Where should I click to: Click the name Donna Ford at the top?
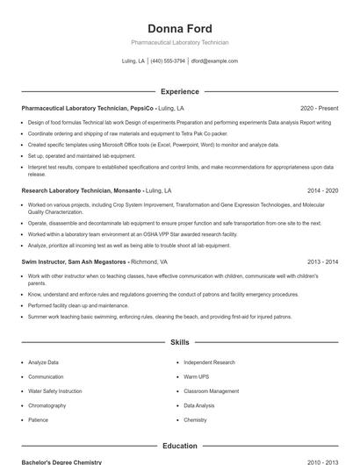179,29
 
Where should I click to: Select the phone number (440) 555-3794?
168,61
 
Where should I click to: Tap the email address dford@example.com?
214,61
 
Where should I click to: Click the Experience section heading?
179,91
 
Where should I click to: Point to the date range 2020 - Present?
319,108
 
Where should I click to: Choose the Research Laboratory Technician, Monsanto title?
81,190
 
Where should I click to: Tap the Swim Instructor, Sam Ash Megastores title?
75,261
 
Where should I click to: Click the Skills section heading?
179,342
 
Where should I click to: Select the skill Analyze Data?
44,362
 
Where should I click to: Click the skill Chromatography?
47,405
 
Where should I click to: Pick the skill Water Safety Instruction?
55,391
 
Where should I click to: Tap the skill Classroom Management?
211,391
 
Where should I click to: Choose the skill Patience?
39,420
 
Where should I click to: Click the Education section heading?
179,446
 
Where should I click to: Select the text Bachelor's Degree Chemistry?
61,461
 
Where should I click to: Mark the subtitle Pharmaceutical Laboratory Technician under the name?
179,42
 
